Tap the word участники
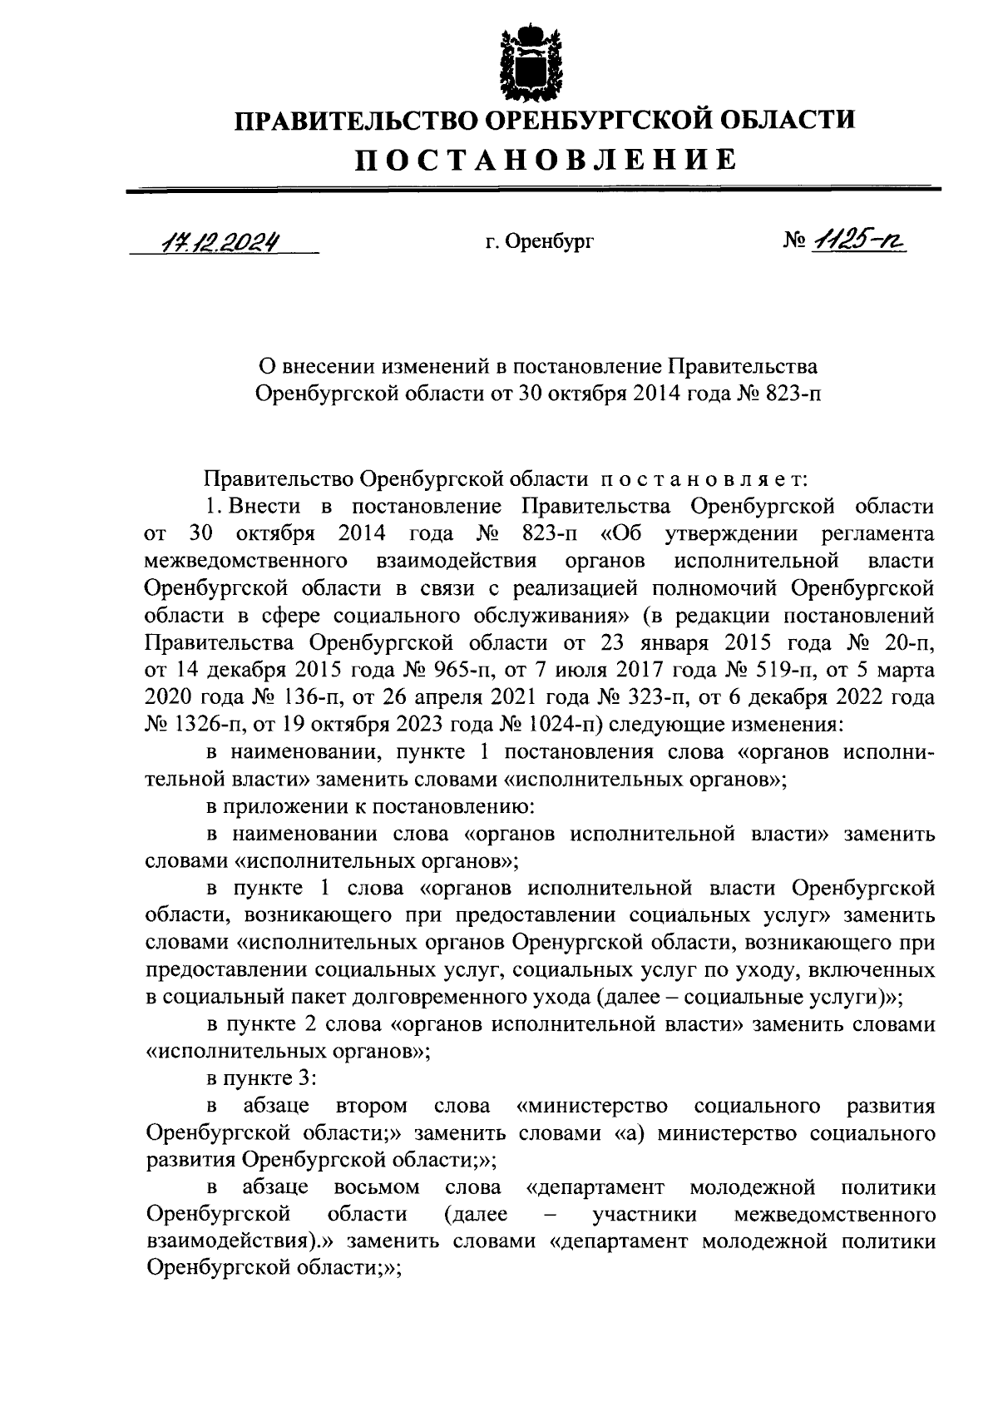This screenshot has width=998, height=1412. click(645, 1216)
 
